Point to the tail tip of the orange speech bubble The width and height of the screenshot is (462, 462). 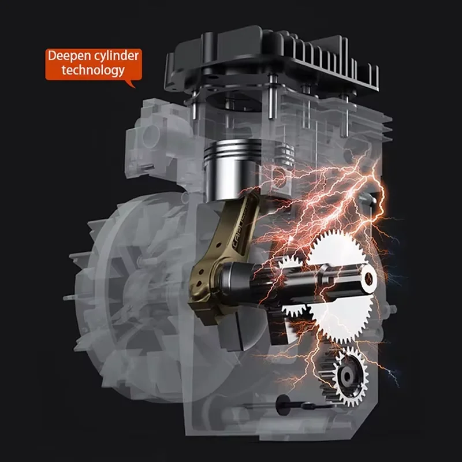134,87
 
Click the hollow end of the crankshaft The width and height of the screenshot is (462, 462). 366,280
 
